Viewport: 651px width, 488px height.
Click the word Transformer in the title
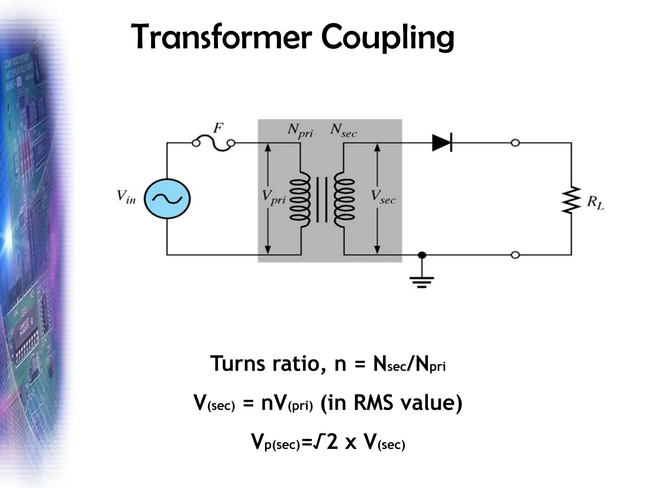[x=219, y=37]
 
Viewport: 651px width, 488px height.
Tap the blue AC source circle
[x=167, y=199]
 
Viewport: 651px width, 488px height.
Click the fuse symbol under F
[x=214, y=144]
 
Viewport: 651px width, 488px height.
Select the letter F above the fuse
[x=218, y=128]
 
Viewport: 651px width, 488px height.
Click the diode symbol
[x=442, y=143]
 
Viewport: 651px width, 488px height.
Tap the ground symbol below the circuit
[x=421, y=281]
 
